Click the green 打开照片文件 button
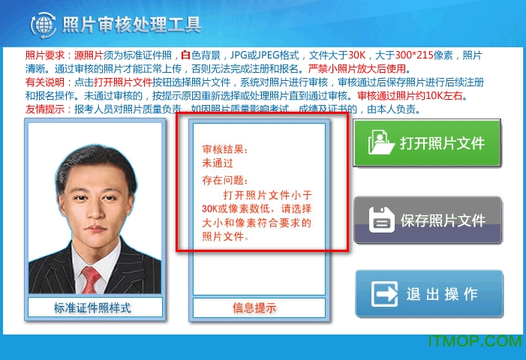[427, 142]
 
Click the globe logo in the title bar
[43, 24]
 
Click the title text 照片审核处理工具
[132, 25]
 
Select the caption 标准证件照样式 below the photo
[92, 307]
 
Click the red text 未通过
[218, 163]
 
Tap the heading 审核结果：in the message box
[224, 149]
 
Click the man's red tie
[91, 280]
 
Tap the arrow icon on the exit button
[385, 294]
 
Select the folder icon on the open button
[382, 142]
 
